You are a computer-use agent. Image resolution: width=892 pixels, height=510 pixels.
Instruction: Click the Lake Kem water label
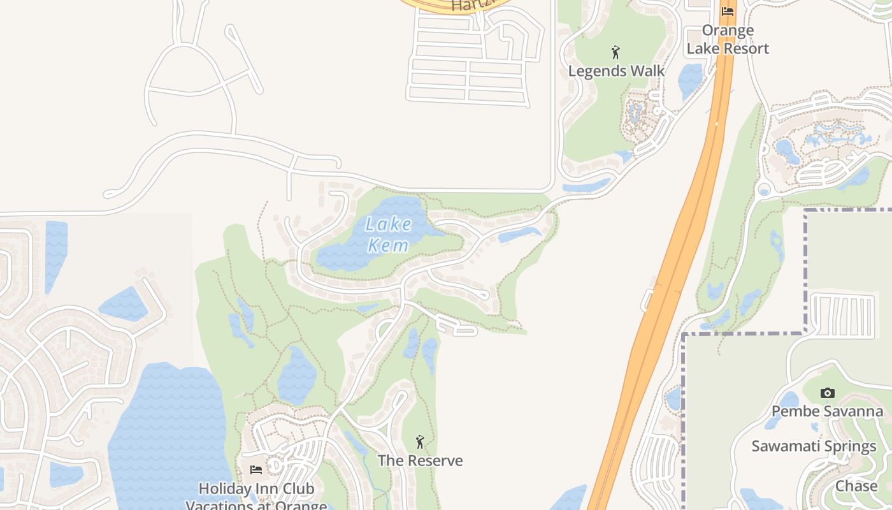(x=389, y=234)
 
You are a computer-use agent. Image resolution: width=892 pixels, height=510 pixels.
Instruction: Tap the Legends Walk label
(x=616, y=71)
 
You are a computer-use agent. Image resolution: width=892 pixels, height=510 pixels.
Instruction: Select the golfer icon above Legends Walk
(x=615, y=52)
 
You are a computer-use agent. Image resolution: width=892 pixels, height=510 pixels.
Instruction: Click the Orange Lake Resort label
(x=728, y=40)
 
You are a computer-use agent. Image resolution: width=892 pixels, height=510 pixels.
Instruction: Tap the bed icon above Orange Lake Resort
(x=728, y=11)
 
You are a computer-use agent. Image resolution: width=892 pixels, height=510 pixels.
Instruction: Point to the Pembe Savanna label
(x=827, y=411)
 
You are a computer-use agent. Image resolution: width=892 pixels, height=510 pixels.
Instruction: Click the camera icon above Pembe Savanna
(x=827, y=393)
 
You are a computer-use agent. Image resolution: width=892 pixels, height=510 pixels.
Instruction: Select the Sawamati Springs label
(x=814, y=446)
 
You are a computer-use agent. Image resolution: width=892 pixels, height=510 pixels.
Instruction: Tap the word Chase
(x=856, y=486)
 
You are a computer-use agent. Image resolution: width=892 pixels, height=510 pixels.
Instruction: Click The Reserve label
(x=420, y=460)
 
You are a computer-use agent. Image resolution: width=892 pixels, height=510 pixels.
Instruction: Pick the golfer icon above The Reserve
(x=419, y=442)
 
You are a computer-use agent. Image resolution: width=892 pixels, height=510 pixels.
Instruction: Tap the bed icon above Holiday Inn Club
(x=256, y=470)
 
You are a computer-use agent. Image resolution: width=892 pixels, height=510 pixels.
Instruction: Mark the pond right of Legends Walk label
(x=689, y=80)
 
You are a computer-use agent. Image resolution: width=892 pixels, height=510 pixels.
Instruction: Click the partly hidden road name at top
(x=471, y=5)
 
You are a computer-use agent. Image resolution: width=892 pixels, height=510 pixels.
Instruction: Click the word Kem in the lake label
(x=388, y=245)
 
